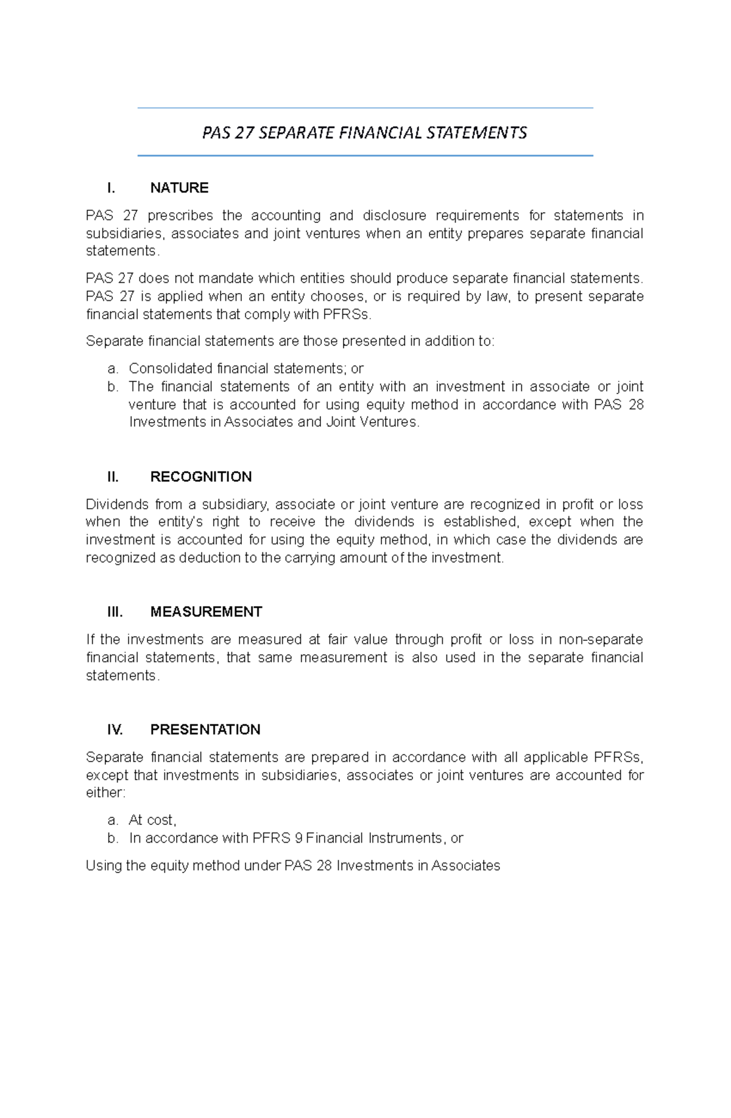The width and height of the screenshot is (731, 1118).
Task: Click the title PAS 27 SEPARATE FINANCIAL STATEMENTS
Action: tap(364, 133)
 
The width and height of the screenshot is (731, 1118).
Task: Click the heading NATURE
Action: tap(179, 188)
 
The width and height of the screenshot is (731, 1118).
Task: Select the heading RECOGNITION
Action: tap(200, 476)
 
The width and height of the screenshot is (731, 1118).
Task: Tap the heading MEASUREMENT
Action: tap(206, 612)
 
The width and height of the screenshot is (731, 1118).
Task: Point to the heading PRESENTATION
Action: tap(205, 729)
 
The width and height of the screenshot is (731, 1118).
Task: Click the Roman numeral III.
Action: tap(115, 612)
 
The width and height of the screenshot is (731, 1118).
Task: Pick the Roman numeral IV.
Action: tap(115, 729)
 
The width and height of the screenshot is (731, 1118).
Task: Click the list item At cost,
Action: tap(152, 820)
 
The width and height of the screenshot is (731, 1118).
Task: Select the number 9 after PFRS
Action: tap(298, 838)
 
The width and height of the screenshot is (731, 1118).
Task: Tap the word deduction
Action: tap(209, 558)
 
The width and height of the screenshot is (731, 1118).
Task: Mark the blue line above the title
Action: tap(365, 108)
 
